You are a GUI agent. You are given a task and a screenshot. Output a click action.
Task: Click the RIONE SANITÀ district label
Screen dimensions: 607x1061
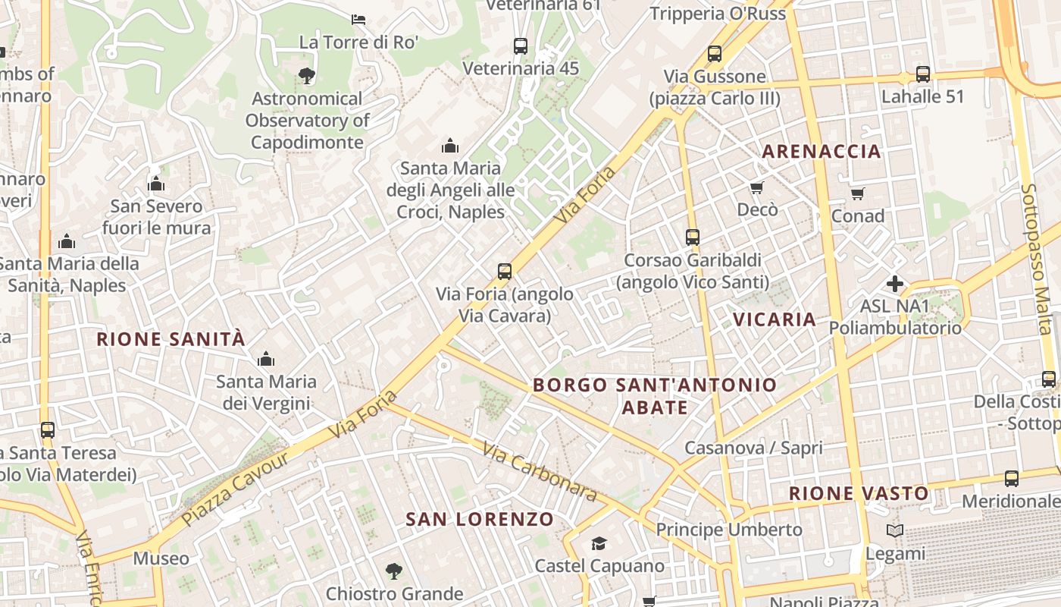tap(171, 339)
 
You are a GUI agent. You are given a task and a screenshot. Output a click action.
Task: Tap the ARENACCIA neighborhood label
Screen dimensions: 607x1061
tap(822, 151)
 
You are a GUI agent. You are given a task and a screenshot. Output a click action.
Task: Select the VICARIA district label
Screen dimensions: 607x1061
tap(775, 319)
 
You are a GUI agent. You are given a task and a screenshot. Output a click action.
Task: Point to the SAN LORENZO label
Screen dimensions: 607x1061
tap(480, 520)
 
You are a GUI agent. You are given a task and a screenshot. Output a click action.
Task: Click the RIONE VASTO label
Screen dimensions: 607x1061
tap(859, 494)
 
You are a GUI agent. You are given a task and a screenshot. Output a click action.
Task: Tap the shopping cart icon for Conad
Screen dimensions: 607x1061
tap(857, 194)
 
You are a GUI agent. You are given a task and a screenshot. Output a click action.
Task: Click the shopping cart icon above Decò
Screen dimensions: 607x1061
tap(756, 187)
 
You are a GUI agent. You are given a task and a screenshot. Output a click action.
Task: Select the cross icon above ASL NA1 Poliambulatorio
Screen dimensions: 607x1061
tap(895, 285)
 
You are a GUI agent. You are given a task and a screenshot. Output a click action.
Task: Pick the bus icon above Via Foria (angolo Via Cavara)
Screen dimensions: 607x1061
tap(504, 271)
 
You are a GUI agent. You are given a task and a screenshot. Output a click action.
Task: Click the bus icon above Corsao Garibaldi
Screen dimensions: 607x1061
tap(692, 237)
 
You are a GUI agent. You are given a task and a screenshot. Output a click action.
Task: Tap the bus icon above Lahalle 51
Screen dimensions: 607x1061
tap(922, 74)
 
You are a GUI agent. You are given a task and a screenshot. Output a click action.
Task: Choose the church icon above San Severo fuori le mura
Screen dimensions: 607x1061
tap(156, 184)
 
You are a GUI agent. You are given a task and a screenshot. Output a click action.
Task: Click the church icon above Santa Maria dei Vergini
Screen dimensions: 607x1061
tap(266, 359)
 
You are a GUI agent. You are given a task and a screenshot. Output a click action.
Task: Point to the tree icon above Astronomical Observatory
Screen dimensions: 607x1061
tap(307, 75)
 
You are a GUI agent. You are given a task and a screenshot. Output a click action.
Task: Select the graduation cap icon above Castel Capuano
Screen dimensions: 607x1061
tap(599, 543)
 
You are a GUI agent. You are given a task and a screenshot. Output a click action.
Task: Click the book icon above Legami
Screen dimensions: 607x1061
tap(895, 531)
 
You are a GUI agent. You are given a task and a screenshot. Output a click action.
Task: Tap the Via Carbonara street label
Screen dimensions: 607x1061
tap(540, 471)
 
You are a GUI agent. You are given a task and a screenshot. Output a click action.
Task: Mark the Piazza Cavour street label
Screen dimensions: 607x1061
tap(235, 490)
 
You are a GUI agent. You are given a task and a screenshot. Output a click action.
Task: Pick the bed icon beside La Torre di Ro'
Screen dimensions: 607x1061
tap(358, 19)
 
